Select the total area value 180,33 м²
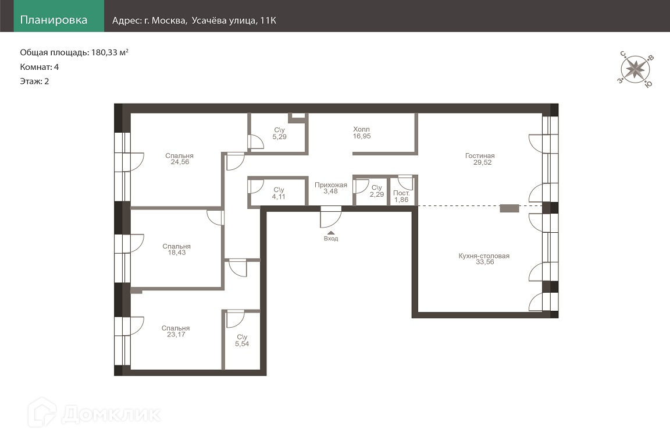tap(110, 52)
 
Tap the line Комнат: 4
tap(40, 67)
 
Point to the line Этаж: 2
tap(35, 81)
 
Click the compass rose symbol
tap(635, 69)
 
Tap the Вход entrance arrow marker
tap(331, 233)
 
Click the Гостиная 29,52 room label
tap(480, 159)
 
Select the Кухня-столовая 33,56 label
tap(484, 259)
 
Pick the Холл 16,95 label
tap(362, 133)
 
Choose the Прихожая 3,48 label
tap(331, 188)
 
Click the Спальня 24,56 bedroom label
tap(180, 159)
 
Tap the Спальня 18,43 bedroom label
tap(176, 249)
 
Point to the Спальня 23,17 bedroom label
tap(176, 331)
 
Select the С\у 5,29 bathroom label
tap(279, 133)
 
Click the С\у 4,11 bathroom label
tap(279, 193)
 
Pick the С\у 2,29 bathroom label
tap(377, 191)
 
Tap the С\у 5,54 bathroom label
tap(242, 340)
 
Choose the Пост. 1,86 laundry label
tap(401, 196)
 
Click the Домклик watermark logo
tap(94, 413)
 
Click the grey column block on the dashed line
tap(509, 208)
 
